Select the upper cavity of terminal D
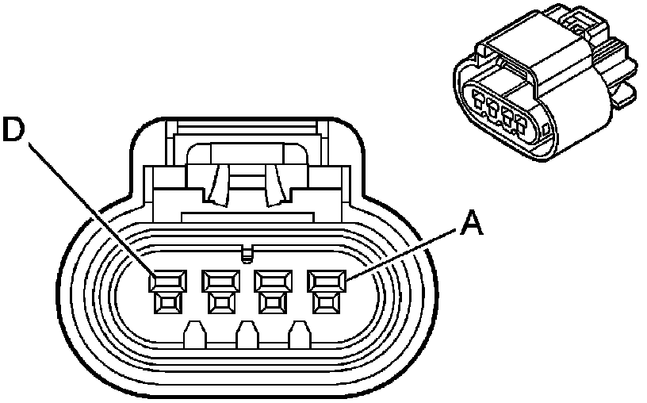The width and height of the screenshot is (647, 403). [168, 280]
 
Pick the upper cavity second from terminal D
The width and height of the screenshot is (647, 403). [220, 280]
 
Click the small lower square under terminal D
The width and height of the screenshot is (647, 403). [168, 301]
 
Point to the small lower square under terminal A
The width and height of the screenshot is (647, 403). [324, 301]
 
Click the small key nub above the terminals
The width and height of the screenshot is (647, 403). [246, 254]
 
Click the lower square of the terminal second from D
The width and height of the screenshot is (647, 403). [220, 301]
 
